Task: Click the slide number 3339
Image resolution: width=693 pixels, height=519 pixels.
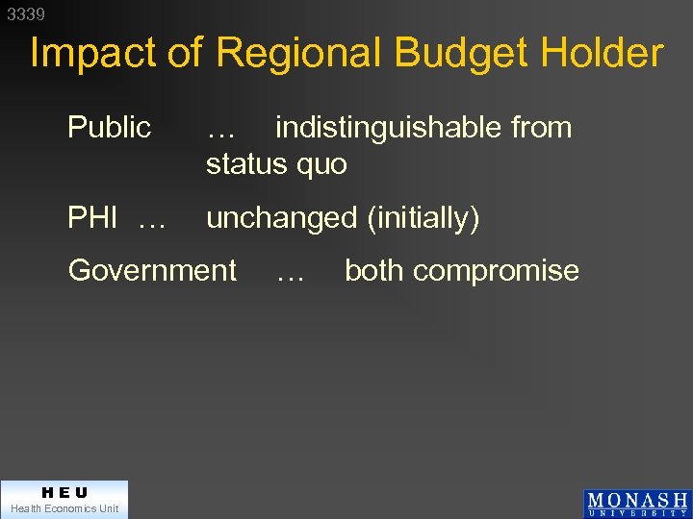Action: [26, 14]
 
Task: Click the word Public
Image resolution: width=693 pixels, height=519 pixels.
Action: [109, 128]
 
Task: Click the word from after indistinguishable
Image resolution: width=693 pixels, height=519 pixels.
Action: [542, 128]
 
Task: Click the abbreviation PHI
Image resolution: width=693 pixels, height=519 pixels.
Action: [92, 218]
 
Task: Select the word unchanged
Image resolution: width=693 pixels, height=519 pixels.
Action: [282, 218]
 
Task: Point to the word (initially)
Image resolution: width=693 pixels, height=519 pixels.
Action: [423, 218]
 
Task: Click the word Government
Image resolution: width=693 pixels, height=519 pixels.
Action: [152, 270]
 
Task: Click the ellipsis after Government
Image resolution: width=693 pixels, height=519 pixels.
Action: [290, 275]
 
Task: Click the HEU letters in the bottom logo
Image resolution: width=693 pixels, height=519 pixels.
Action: [64, 492]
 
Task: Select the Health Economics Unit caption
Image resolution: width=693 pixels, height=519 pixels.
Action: [64, 508]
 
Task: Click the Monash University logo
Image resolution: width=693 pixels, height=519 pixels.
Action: [637, 504]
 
